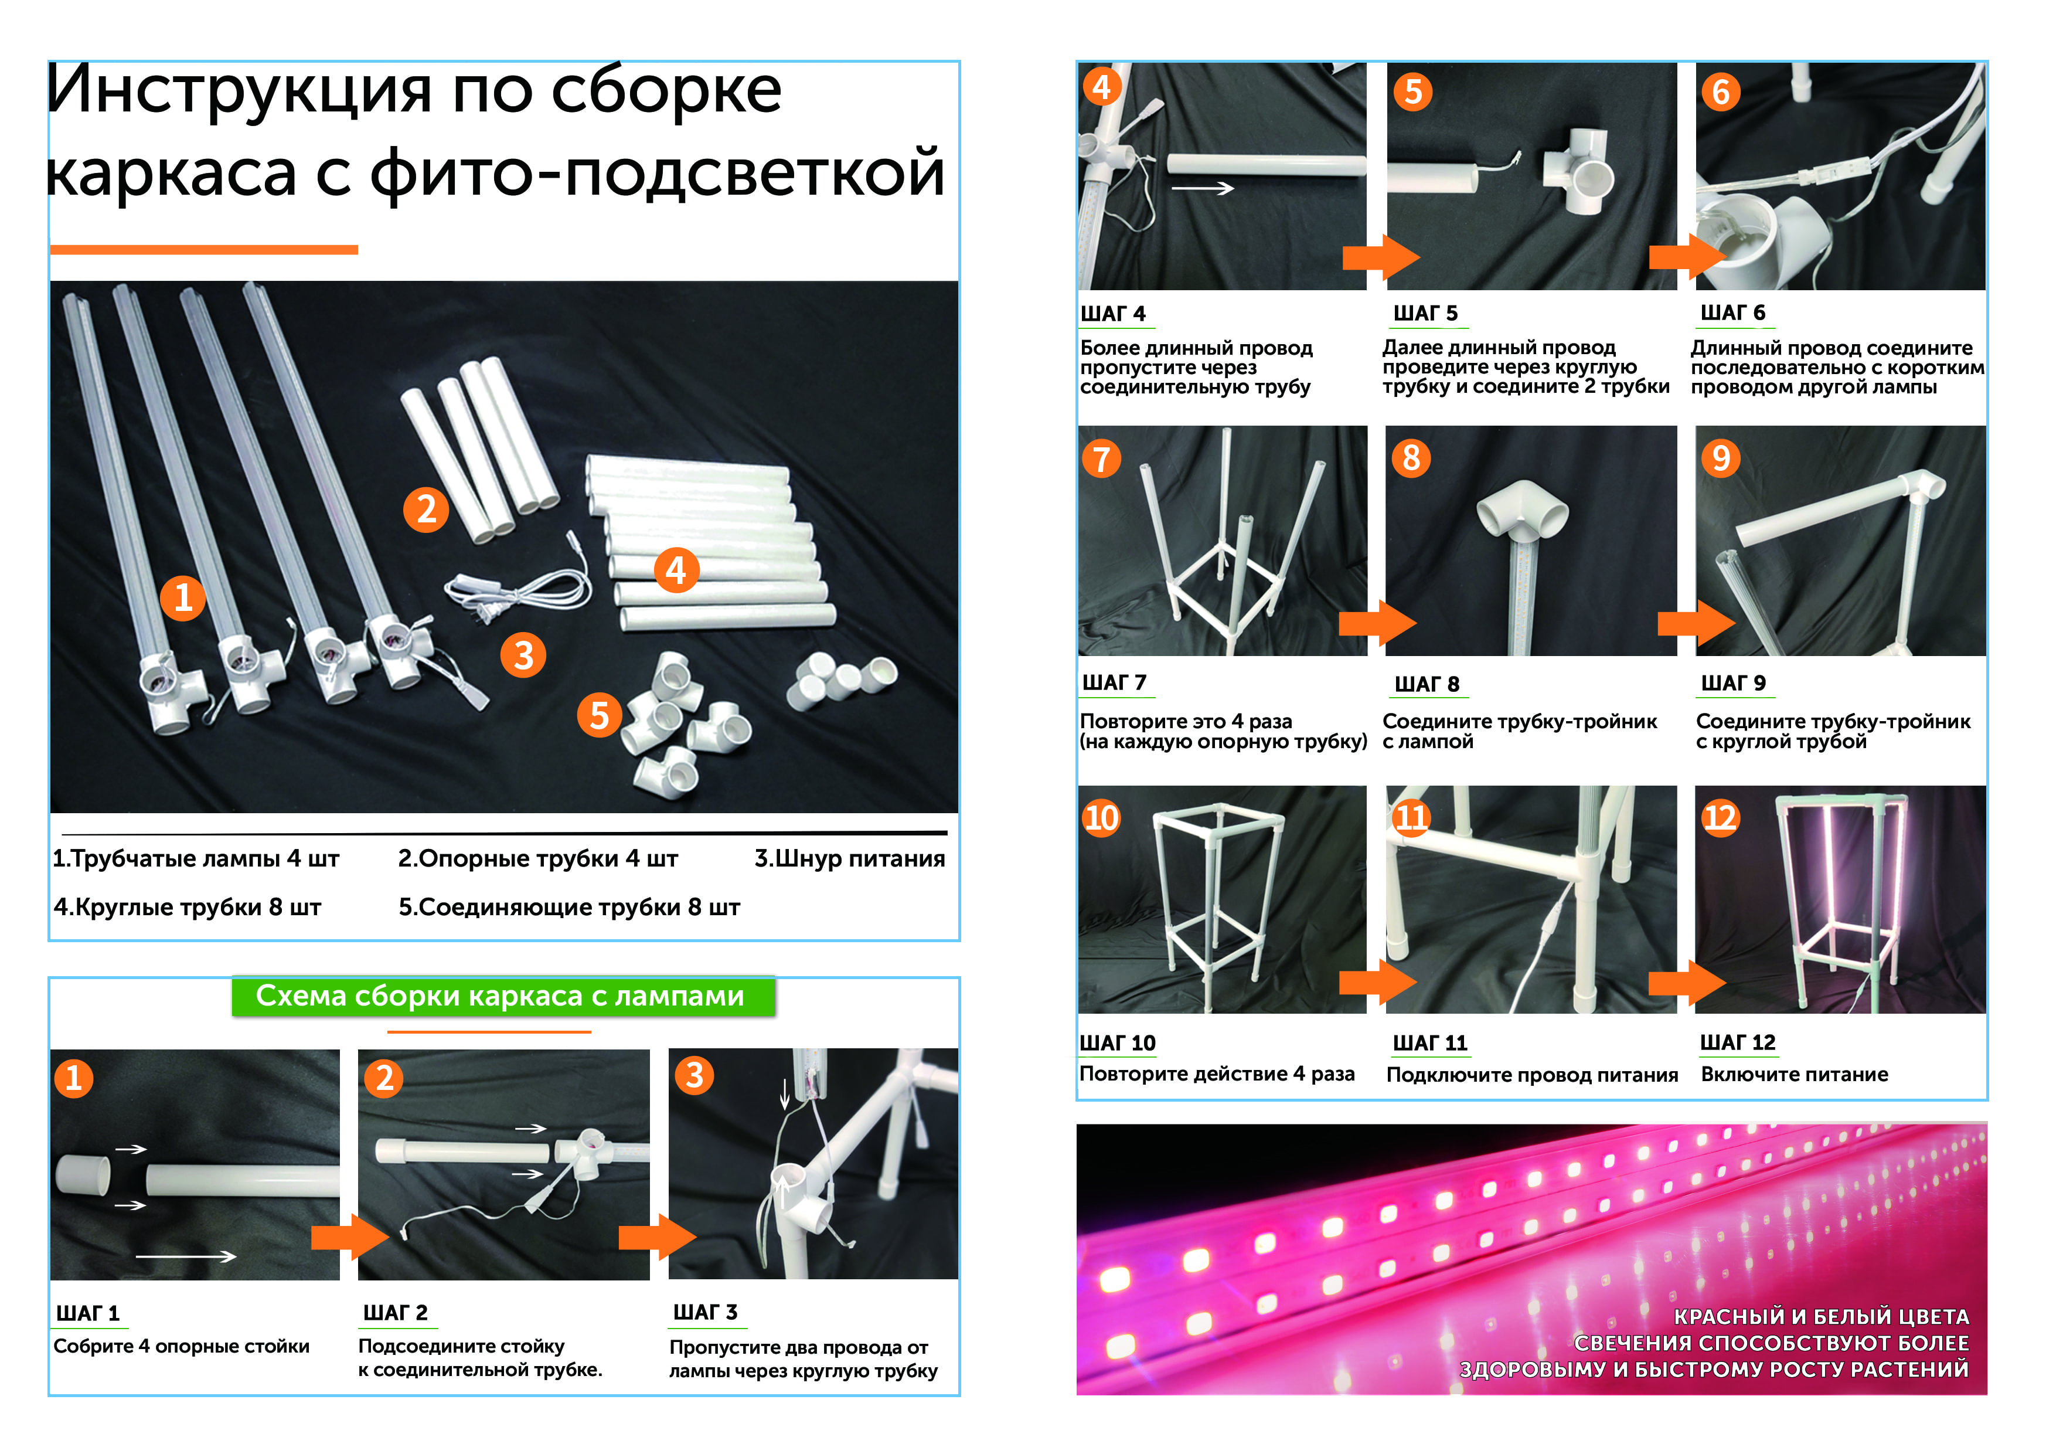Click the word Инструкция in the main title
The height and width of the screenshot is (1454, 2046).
tap(239, 92)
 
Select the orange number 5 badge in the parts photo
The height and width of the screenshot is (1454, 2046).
tap(600, 715)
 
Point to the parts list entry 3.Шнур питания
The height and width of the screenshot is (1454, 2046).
tap(849, 858)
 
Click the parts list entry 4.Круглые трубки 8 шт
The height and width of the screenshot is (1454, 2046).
tap(187, 907)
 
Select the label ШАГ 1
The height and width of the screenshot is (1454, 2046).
tap(88, 1313)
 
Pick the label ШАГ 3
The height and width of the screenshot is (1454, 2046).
tap(705, 1313)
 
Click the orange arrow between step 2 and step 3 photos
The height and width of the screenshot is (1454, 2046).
tap(658, 1237)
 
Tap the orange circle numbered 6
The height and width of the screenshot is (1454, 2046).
tap(1720, 91)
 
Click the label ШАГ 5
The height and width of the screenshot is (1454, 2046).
tap(1426, 313)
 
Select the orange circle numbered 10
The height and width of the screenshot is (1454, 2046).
tap(1102, 817)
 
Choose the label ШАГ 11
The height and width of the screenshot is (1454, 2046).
tap(1430, 1043)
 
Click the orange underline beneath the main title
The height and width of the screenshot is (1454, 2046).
tap(204, 250)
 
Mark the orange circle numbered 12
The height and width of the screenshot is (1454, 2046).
tap(1720, 817)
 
